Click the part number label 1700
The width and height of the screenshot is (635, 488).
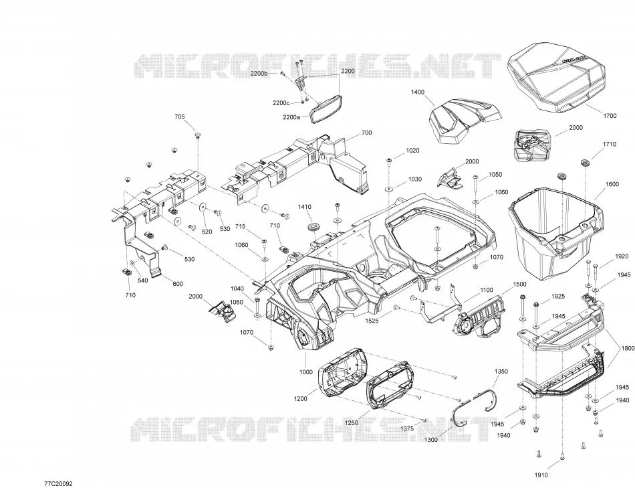(610, 116)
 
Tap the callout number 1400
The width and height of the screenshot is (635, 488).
(418, 92)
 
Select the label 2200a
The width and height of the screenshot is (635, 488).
(291, 117)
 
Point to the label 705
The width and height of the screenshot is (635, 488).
(179, 117)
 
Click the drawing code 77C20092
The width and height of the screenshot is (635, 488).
(59, 483)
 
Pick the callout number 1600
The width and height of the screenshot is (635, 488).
(612, 184)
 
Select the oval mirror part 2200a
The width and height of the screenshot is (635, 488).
(326, 108)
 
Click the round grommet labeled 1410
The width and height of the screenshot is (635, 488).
(313, 227)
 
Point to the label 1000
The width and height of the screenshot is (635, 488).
(305, 372)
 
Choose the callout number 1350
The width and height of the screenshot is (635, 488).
(501, 371)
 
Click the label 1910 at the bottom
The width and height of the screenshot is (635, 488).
(541, 475)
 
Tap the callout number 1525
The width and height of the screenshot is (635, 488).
(372, 321)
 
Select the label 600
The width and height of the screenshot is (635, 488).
(178, 284)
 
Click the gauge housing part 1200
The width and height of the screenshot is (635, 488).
(343, 371)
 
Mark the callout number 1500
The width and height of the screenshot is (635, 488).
(519, 284)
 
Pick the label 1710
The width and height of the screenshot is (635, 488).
(610, 144)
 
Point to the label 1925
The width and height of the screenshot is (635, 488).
(558, 297)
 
